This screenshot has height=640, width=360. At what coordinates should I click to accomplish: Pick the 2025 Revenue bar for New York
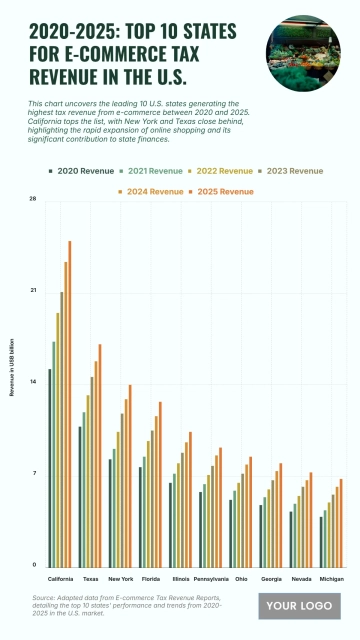tap(130, 475)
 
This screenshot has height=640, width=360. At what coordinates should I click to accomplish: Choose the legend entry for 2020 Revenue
tap(85, 171)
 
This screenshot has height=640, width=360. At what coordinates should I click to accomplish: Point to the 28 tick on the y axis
tap(33, 200)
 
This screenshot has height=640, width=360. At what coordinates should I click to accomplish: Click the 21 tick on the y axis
tap(33, 291)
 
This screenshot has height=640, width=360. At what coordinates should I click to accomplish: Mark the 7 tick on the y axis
tap(34, 474)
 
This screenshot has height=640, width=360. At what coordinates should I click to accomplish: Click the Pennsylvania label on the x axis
tap(211, 579)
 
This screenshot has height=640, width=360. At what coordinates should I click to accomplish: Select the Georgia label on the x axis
tap(271, 579)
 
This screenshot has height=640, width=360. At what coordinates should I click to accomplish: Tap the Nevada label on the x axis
tap(301, 579)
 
